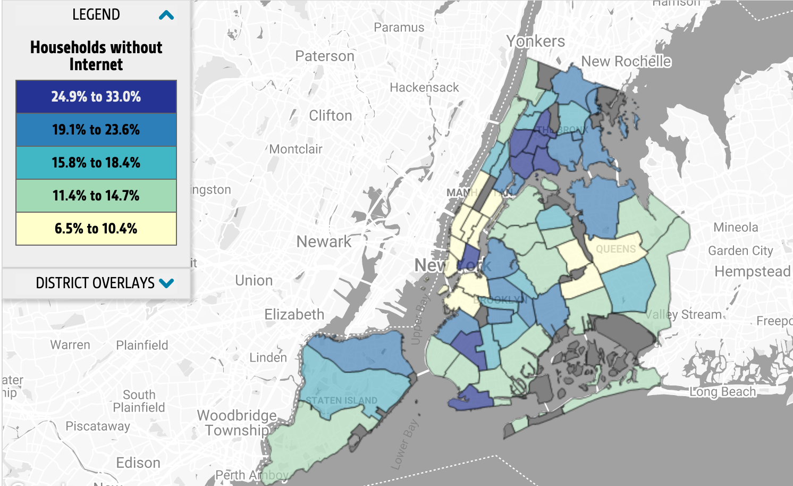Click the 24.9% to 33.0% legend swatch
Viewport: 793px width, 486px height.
[96, 97]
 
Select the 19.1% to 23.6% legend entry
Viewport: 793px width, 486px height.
[96, 130]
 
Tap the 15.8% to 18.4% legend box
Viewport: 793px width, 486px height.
[96, 163]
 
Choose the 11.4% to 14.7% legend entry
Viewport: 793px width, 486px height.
[96, 196]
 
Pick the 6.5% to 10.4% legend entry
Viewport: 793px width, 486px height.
[96, 229]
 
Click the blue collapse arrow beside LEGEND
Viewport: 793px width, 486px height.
[166, 15]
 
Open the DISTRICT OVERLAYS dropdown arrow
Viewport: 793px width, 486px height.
[166, 283]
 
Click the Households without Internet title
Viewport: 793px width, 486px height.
[96, 55]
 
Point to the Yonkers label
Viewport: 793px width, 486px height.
[535, 41]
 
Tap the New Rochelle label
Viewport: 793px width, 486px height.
[626, 62]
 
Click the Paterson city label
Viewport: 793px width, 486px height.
[324, 56]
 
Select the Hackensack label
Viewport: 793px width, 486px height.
[424, 88]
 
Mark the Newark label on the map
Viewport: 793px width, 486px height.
[324, 242]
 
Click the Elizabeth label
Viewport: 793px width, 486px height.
[294, 314]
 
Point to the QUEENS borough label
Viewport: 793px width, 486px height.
[615, 249]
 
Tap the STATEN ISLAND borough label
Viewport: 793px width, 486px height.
[341, 400]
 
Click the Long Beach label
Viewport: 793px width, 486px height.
[722, 392]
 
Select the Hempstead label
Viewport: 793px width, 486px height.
[752, 272]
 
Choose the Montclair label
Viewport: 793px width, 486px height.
[296, 149]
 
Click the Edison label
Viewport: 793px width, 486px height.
[138, 463]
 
